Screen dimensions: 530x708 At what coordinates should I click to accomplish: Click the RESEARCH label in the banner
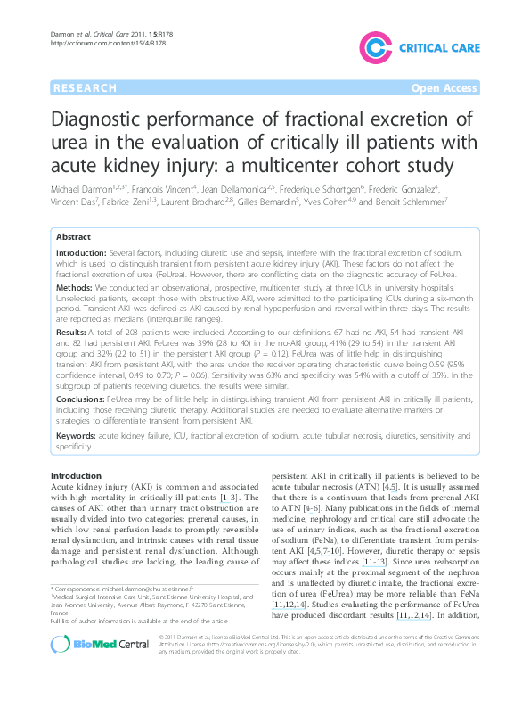pyautogui.click(x=85, y=88)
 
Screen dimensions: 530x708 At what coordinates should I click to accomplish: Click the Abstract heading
pyautogui.click(x=73, y=237)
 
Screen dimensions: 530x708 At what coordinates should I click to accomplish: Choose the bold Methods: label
pyautogui.click(x=77, y=290)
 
